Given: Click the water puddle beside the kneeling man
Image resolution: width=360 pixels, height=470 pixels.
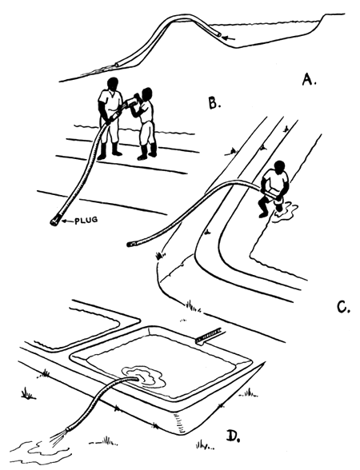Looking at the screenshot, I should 286,212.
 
